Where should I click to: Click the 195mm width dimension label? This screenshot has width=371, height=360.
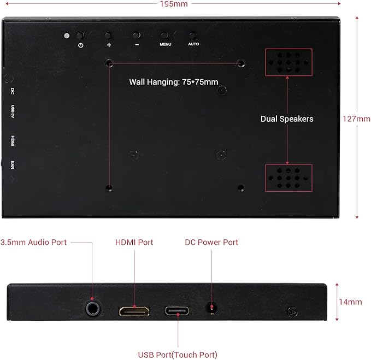pyautogui.click(x=174, y=4)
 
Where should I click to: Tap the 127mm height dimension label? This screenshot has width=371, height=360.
pyautogui.click(x=357, y=119)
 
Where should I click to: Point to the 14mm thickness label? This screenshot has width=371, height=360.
pyautogui.click(x=350, y=302)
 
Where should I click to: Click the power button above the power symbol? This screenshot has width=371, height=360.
pyautogui.click(x=80, y=36)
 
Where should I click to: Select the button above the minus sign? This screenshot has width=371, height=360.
pyautogui.click(x=136, y=36)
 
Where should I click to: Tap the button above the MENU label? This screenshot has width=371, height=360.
pyautogui.click(x=164, y=36)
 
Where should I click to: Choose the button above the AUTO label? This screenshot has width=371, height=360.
pyautogui.click(x=192, y=36)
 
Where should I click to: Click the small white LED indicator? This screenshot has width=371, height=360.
pyautogui.click(x=67, y=36)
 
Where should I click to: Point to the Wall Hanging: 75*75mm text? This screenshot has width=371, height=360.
pyautogui.click(x=174, y=82)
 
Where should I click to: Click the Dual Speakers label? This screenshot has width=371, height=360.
pyautogui.click(x=287, y=119)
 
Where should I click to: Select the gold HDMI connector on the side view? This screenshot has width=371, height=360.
pyautogui.click(x=134, y=311)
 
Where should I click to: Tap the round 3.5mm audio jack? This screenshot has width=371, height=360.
pyautogui.click(x=93, y=309)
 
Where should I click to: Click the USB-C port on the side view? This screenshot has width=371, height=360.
pyautogui.click(x=177, y=311)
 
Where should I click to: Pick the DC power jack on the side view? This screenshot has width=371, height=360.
pyautogui.click(x=211, y=308)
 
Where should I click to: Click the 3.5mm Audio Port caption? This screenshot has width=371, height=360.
pyautogui.click(x=33, y=243)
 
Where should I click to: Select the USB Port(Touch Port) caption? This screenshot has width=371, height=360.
pyautogui.click(x=178, y=355)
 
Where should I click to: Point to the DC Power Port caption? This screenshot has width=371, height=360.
pyautogui.click(x=211, y=243)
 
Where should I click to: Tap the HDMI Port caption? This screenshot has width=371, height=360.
pyautogui.click(x=134, y=243)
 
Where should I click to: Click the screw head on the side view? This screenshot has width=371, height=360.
pyautogui.click(x=292, y=312)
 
